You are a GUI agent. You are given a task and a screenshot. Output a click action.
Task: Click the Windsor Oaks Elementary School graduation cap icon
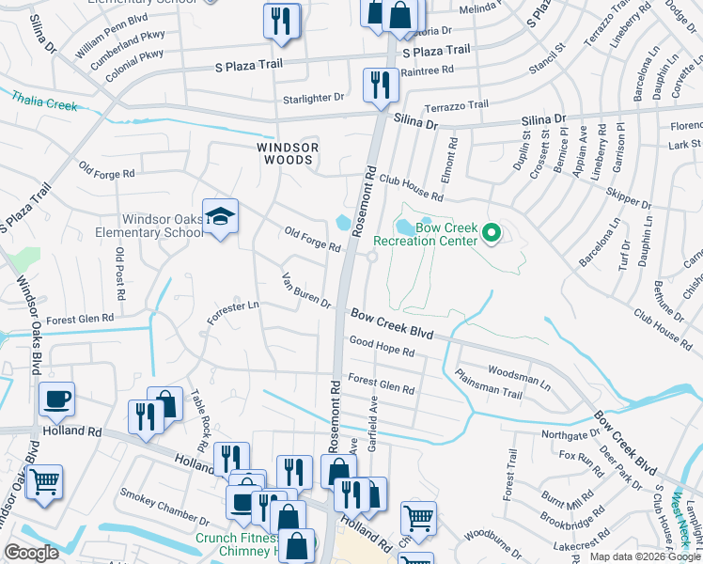coord(220,217)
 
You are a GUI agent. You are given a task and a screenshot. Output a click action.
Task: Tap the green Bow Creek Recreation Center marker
coord(490,231)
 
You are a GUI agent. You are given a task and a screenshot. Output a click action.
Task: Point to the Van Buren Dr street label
coord(307,290)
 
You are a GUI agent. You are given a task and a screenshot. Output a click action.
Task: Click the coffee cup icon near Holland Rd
coord(56,399)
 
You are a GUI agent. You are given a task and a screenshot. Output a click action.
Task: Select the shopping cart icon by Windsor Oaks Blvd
coord(44,483)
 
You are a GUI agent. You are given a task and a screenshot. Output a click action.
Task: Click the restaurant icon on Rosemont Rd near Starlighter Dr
coord(381,85)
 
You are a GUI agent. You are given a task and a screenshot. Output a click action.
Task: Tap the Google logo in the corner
coord(32,553)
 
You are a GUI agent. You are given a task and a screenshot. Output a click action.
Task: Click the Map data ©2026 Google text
coord(645,556)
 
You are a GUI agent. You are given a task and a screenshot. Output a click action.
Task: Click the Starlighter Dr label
coord(314,98)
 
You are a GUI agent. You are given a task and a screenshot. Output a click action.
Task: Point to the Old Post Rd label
coord(119,268)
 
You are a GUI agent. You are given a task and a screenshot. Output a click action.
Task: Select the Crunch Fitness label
coord(236,539)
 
